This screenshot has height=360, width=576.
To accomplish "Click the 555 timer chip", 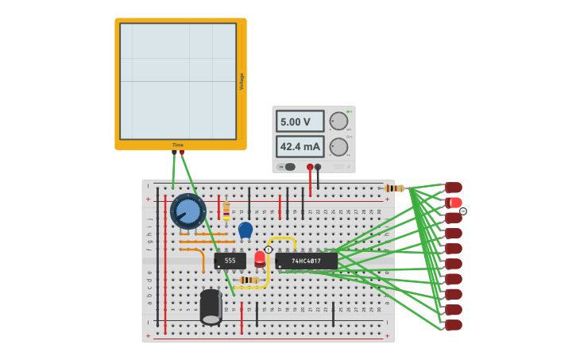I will click(230, 260).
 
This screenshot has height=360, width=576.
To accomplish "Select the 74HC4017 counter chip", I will click(307, 261).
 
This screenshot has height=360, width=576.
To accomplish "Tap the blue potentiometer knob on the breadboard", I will click(188, 211).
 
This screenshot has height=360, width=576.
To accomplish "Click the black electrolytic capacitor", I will click(211, 306).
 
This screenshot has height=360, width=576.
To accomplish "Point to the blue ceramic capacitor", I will click(245, 230).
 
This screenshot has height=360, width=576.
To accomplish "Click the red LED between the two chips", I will click(260, 258).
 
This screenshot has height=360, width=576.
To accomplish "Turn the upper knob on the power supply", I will click(338, 121).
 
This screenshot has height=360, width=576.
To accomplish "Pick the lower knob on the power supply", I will click(338, 146).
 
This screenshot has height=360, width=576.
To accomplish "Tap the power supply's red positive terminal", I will click(310, 167).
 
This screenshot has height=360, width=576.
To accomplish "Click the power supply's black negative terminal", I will click(318, 167).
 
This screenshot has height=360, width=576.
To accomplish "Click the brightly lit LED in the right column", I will click(454, 203).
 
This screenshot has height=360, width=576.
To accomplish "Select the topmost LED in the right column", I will click(454, 188).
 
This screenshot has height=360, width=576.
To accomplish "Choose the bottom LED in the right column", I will click(454, 325).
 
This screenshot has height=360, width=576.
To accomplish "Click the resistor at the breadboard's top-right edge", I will click(394, 188).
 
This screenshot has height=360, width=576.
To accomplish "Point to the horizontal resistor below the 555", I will click(248, 280).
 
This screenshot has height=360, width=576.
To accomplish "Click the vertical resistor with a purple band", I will click(226, 211).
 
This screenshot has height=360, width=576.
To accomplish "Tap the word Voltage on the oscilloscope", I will click(242, 81).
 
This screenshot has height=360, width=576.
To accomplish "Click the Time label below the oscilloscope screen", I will click(178, 145).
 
